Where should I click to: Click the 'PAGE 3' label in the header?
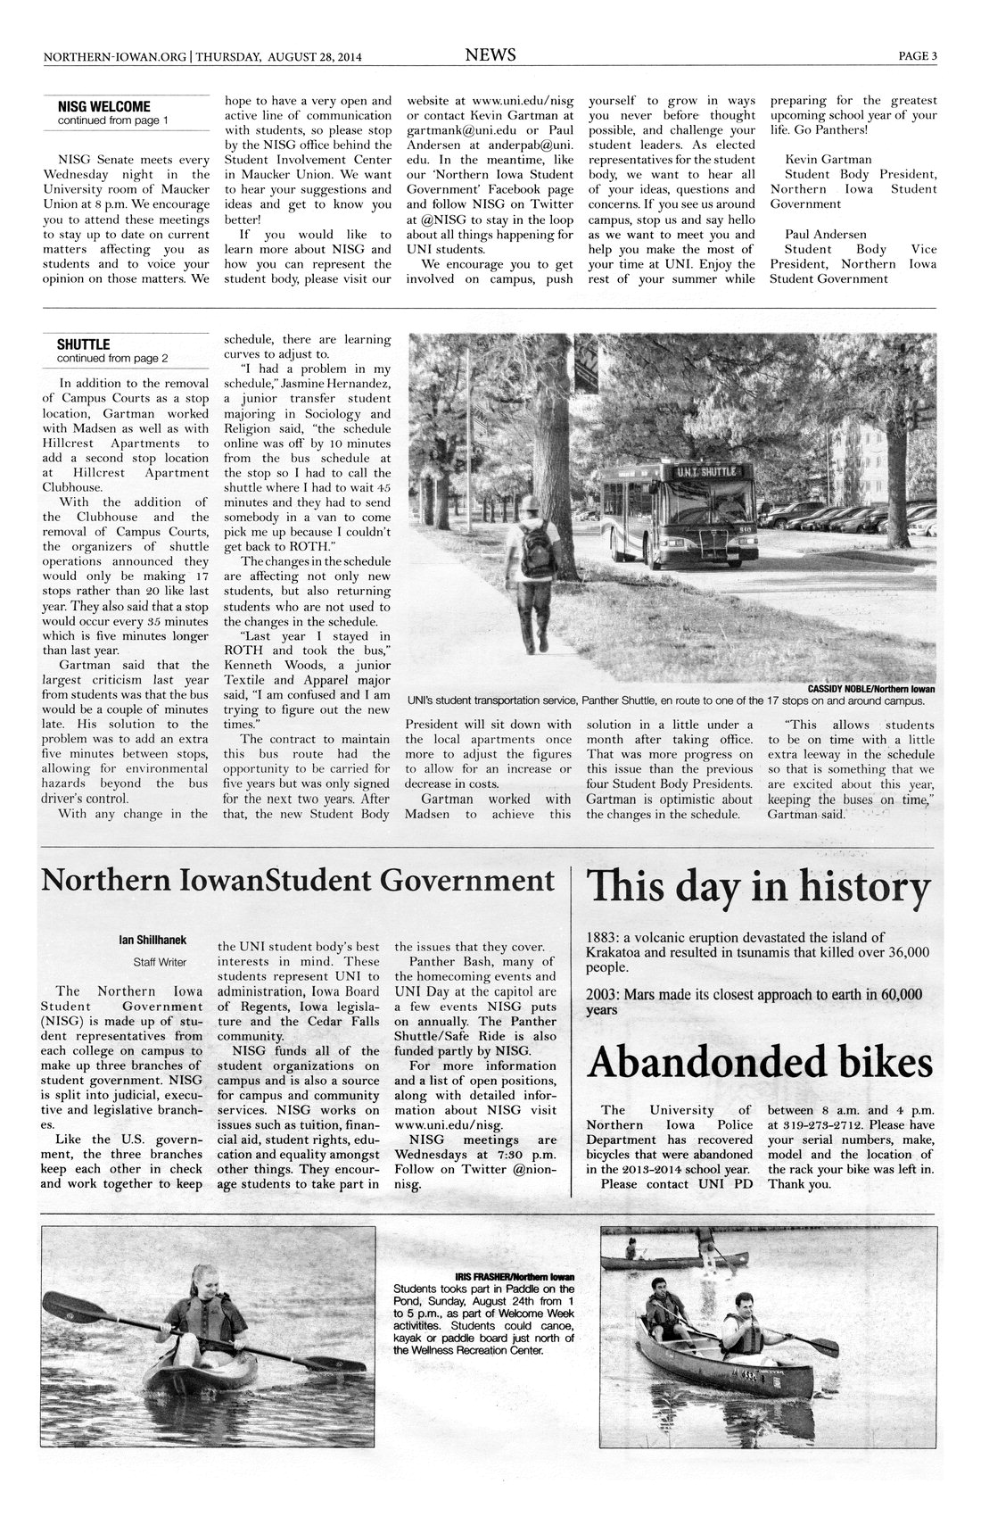coord(917,56)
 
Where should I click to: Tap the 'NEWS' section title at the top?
coord(490,55)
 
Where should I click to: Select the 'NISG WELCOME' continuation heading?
coord(103,107)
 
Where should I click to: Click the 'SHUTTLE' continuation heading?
coord(83,344)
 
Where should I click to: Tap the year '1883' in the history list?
coord(601,937)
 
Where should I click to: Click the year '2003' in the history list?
coord(602,994)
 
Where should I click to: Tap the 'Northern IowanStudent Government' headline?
coord(299,881)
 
